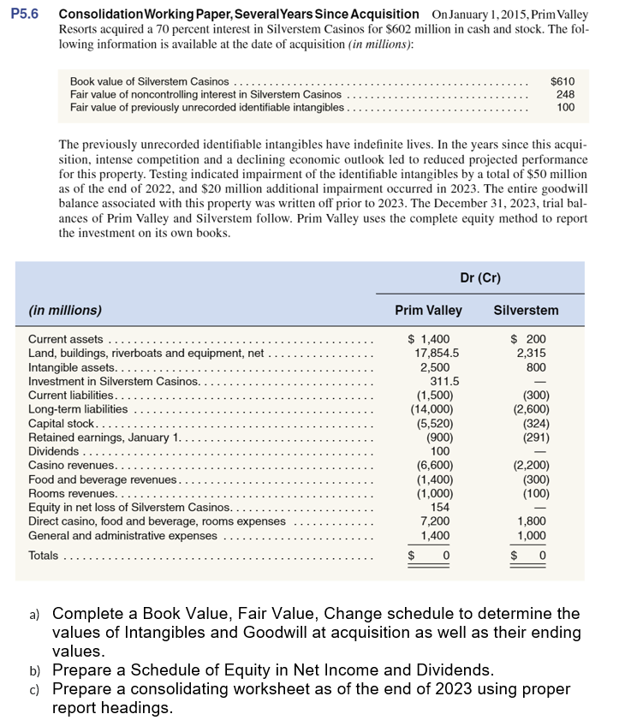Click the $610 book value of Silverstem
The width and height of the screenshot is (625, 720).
[x=562, y=80]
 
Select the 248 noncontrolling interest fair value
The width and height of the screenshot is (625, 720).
[x=565, y=94]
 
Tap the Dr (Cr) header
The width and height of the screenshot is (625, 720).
[x=480, y=277]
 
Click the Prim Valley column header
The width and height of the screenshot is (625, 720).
[x=428, y=310]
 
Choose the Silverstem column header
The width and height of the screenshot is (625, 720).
[x=526, y=310]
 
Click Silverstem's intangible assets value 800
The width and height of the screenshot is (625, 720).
[x=536, y=366]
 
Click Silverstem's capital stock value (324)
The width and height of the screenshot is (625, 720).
[x=532, y=423]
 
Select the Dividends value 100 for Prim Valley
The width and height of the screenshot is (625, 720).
[x=440, y=451]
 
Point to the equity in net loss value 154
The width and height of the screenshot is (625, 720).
[x=440, y=508]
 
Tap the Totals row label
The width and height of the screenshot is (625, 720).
[x=44, y=556]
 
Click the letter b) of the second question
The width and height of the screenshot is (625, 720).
[x=34, y=669]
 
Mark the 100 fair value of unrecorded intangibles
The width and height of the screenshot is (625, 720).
[x=565, y=108]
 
